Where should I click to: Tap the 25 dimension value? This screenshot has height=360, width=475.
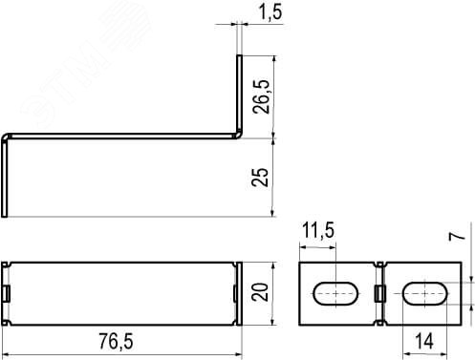263,177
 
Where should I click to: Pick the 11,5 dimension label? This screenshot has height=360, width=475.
318,232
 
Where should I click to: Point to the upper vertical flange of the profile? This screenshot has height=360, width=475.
239,91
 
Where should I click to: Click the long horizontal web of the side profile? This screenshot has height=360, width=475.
119,134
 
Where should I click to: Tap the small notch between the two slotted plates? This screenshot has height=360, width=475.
381,292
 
